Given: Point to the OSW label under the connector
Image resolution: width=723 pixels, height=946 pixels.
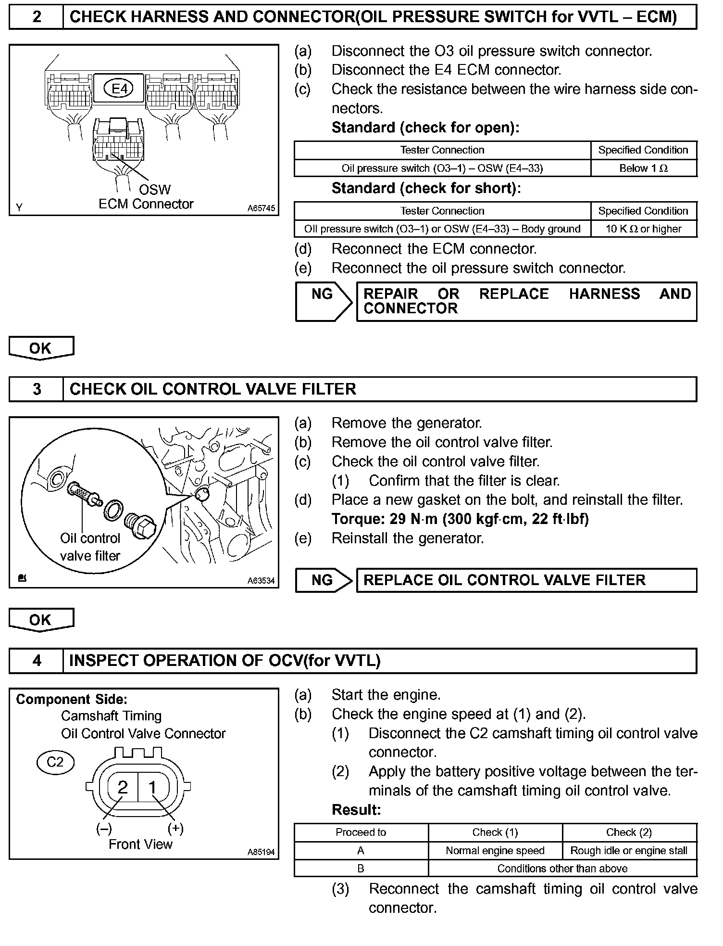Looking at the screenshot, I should tap(154, 189).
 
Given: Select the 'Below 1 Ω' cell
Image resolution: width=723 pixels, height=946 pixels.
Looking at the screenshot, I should tap(643, 168).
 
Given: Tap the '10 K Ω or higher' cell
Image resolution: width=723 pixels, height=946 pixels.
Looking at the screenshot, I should tap(643, 229).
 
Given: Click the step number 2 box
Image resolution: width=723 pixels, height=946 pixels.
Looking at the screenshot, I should tap(37, 17).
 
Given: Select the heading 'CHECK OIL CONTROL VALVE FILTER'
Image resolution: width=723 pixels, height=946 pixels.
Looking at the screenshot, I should tap(212, 389).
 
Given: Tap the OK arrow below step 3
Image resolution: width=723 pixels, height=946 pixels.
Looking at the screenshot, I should tap(41, 620).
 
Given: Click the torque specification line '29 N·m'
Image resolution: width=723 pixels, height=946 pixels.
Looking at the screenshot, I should tap(460, 519).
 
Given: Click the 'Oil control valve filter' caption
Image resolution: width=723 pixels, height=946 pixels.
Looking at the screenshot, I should tap(90, 547).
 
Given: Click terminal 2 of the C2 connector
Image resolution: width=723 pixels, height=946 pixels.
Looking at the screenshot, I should tap(123, 787).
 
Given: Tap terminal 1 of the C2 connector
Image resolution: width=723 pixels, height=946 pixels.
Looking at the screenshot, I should tap(153, 787).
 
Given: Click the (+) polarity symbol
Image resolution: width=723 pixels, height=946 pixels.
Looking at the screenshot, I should tap(175, 828).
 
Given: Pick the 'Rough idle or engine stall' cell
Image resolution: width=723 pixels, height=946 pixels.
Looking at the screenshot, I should tap(629, 850).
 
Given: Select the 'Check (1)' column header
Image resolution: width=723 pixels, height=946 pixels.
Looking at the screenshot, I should tap(495, 832).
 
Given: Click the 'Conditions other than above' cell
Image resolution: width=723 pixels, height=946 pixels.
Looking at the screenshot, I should tap(562, 868).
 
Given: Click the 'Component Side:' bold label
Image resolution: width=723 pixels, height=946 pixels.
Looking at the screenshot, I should tap(72, 699).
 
